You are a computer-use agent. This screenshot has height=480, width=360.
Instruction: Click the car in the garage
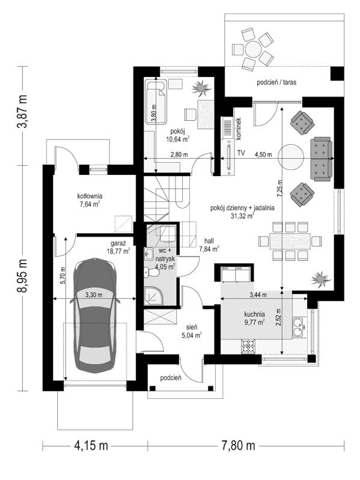(x=94, y=315)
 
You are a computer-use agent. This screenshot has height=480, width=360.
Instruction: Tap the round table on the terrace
(x=253, y=49)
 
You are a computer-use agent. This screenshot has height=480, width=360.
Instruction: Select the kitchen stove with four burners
(x=249, y=347)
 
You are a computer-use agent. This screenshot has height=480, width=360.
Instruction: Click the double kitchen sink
(x=297, y=327)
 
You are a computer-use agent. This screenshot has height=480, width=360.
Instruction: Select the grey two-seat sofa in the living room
(x=321, y=159)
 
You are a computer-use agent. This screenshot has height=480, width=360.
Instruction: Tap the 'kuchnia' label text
(x=254, y=314)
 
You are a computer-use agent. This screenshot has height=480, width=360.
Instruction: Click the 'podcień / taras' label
(x=276, y=82)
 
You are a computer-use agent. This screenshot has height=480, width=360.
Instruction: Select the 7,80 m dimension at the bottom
(x=239, y=446)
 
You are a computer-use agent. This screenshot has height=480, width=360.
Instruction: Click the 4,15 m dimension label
(x=91, y=446)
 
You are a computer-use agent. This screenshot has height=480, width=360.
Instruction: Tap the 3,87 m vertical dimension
(x=22, y=112)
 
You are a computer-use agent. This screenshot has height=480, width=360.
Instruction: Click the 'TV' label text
(x=241, y=153)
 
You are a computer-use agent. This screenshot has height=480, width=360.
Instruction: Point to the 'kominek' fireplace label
(x=239, y=129)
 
